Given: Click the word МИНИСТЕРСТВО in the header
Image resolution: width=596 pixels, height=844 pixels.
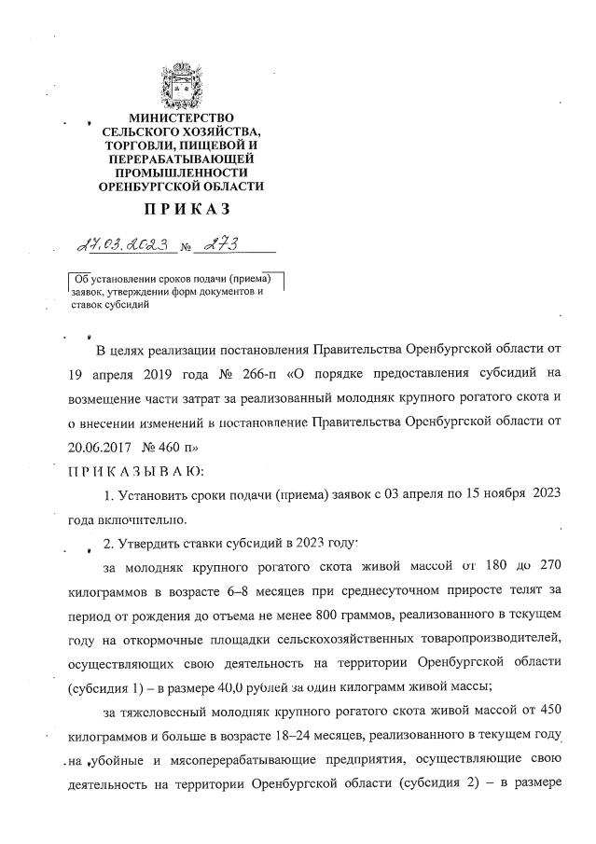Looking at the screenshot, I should [182, 120].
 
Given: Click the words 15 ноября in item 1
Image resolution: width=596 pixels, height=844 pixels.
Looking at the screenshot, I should [491, 494].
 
